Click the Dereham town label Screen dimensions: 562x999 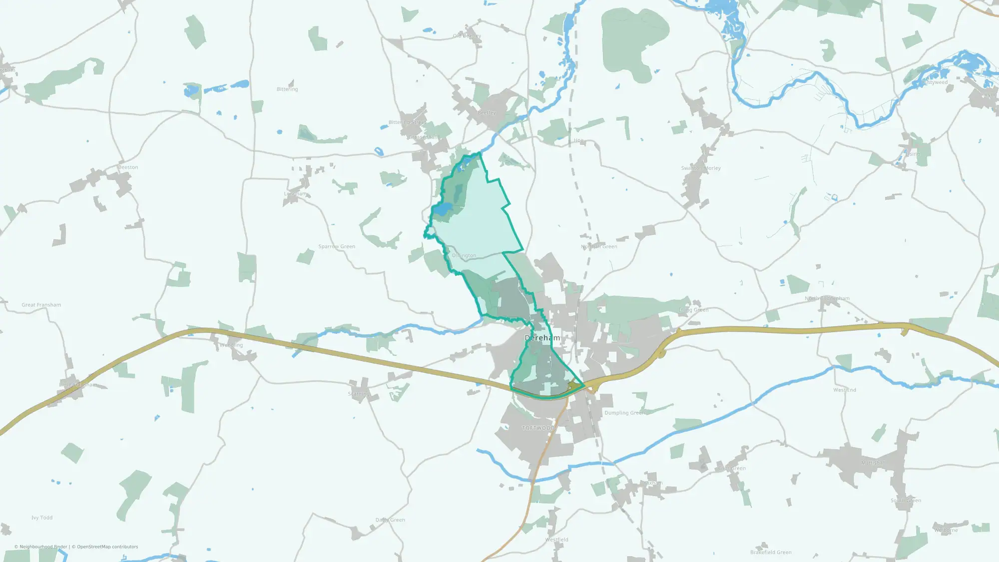tap(542, 338)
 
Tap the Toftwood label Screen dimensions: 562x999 tap(538, 428)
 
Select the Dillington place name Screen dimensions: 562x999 tap(464, 256)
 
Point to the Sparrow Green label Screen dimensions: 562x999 tap(337, 247)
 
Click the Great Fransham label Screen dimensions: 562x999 tap(41, 305)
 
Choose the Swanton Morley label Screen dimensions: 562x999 tap(701, 168)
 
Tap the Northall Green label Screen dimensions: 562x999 tap(599, 247)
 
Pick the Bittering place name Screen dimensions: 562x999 tap(287, 89)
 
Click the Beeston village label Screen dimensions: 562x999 tap(128, 167)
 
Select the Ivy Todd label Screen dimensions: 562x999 tap(42, 518)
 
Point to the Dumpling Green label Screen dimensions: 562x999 tap(624, 413)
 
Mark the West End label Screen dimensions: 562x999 tap(845, 390)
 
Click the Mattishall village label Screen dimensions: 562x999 tap(873, 463)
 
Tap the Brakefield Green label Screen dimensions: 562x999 tap(771, 553)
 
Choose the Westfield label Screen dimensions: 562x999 tap(556, 540)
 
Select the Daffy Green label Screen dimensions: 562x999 tap(390, 520)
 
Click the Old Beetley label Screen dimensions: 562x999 tap(467, 36)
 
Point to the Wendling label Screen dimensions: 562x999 tap(231, 345)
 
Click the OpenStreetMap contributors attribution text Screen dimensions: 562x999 tap(105, 547)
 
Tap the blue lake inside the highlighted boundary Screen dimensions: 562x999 tap(442, 210)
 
